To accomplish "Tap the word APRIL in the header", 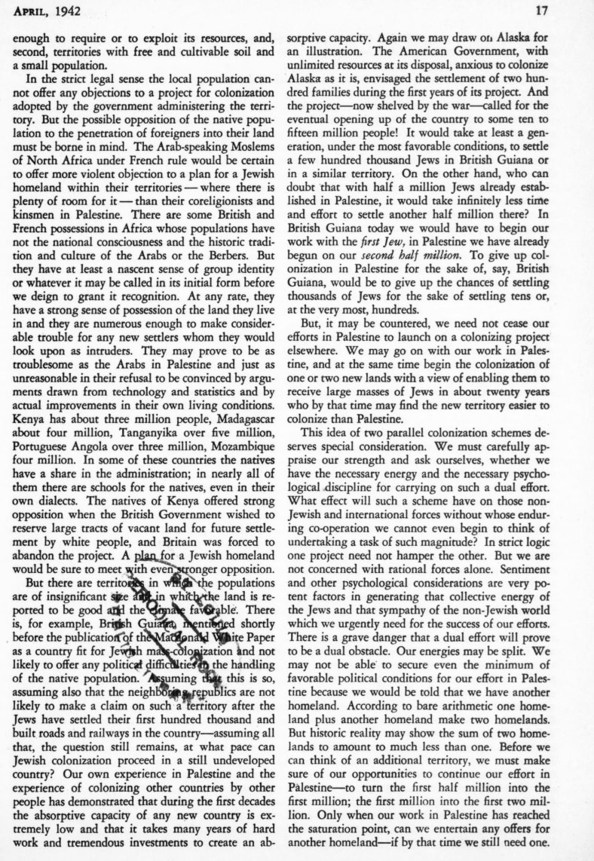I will click(32, 11).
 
